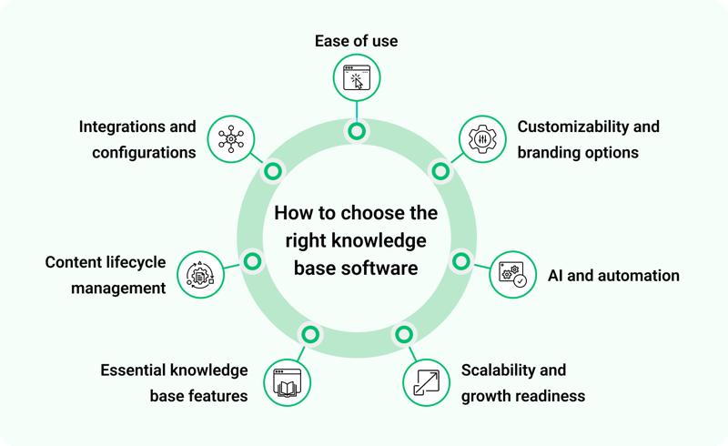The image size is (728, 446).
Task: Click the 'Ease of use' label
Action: (x=356, y=41)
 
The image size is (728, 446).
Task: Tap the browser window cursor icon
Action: (x=356, y=79)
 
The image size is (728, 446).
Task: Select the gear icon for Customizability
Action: (x=480, y=139)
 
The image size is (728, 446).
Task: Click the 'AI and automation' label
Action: (x=612, y=275)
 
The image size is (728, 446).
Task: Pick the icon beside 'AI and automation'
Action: (x=512, y=275)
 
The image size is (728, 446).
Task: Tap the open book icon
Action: (x=288, y=382)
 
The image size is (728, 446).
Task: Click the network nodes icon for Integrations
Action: (x=231, y=139)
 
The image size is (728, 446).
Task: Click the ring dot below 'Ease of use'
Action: (x=356, y=131)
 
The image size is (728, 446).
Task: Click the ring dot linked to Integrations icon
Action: (x=272, y=170)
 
